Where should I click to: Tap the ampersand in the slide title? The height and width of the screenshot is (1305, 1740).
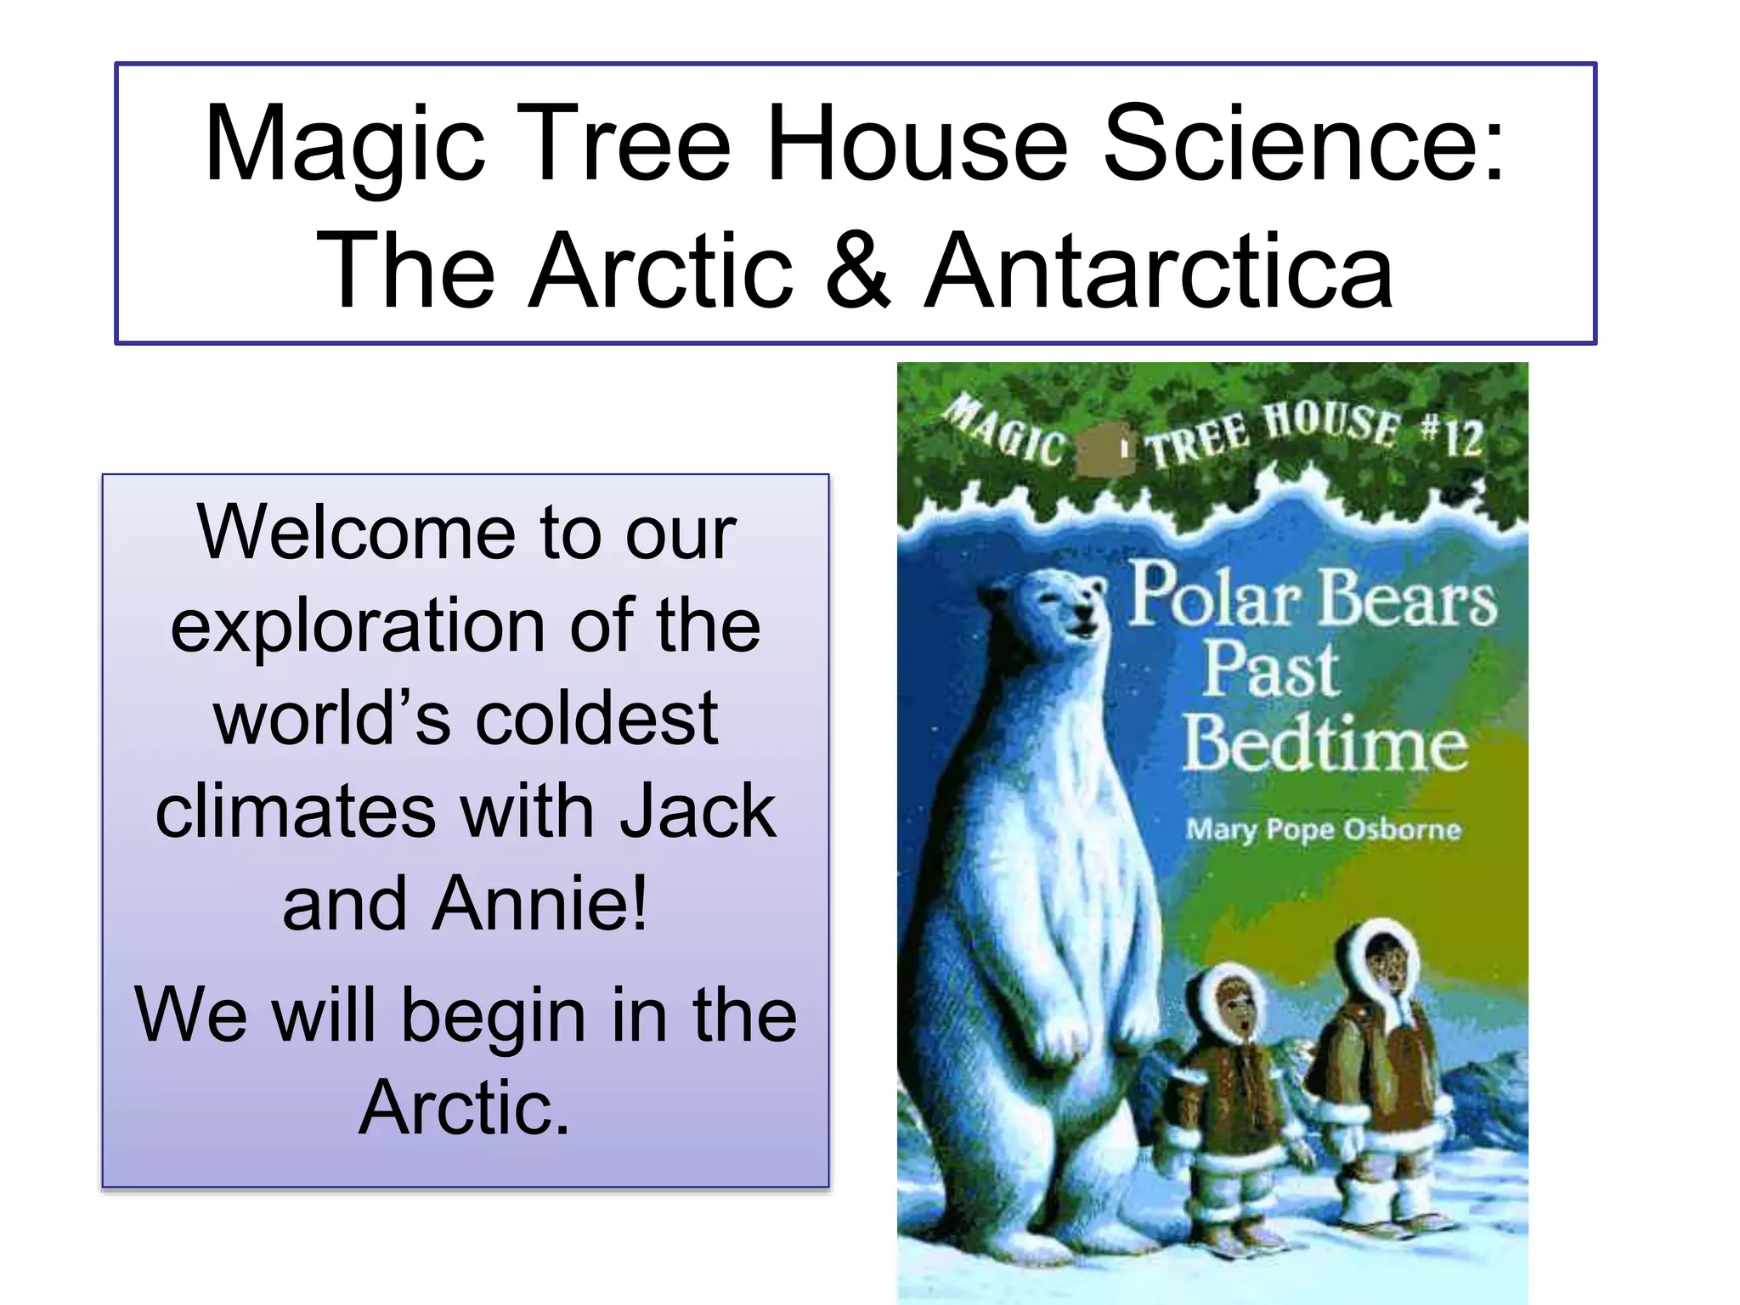pos(857,270)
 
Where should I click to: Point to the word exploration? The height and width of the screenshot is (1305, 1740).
pos(358,625)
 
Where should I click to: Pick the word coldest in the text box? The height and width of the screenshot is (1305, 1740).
pos(596,719)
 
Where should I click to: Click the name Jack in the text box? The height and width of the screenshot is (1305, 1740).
pos(697,811)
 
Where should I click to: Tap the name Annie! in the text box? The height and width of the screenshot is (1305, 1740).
pos(540,904)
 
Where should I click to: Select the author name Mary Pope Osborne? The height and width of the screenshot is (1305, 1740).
pos(1323,828)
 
